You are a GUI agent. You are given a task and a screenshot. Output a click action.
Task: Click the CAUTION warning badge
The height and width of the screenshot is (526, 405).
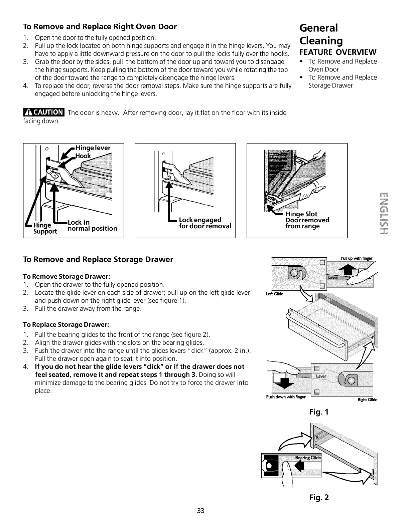(43, 112)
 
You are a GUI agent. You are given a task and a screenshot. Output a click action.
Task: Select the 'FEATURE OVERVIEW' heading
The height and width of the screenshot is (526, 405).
(338, 53)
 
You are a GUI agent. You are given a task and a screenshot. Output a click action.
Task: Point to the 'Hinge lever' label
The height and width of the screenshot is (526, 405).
(93, 148)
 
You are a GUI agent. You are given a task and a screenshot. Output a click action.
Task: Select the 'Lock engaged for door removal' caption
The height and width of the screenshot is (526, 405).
(205, 223)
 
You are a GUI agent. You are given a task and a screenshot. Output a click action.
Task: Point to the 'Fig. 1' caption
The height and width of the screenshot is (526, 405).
(320, 412)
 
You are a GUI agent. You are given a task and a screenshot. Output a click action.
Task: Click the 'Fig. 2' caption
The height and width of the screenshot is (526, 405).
(320, 498)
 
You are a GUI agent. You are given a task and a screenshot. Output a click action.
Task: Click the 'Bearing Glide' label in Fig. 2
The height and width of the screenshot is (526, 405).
(308, 458)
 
